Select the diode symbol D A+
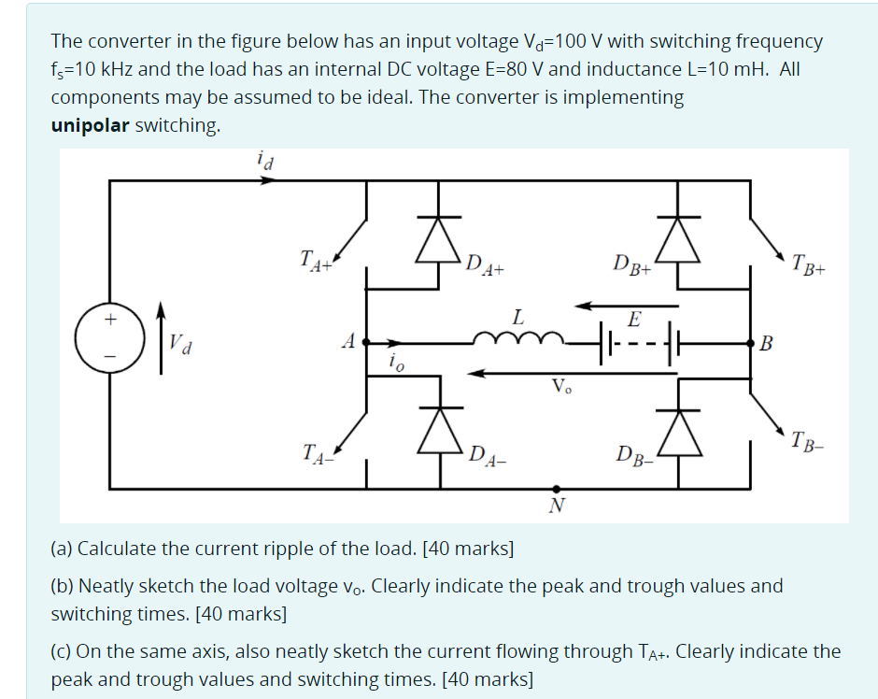pos(440,240)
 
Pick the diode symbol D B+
pos(679,240)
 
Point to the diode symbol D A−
pos(440,431)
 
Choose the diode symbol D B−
pos(679,431)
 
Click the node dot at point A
pos(366,343)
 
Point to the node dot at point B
pos(751,343)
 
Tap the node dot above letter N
pos(558,488)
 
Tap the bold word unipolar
pos(91,125)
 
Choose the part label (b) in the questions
pos(63,586)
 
